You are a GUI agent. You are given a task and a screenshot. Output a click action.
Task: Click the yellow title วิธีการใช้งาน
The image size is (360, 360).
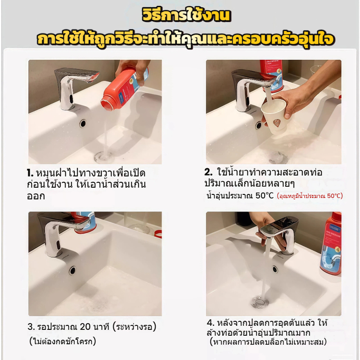point(186,16)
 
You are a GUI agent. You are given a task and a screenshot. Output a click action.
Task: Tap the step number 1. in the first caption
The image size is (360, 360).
point(30,173)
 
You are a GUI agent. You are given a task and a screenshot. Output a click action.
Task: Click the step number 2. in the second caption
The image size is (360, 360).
point(208,172)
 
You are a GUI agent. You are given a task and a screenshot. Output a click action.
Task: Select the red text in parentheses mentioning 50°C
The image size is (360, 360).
point(310,196)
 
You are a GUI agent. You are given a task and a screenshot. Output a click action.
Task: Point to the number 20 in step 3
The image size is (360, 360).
point(85,327)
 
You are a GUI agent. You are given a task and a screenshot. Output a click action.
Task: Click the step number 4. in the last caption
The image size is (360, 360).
point(211,323)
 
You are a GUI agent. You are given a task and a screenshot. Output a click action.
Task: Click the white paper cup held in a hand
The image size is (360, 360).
point(274,117)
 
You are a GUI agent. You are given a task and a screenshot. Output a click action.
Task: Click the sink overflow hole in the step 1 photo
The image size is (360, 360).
point(83,123)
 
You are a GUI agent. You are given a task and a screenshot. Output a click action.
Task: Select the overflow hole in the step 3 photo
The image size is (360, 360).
point(72,270)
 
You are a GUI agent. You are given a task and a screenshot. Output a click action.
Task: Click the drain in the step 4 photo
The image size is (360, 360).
point(260,302)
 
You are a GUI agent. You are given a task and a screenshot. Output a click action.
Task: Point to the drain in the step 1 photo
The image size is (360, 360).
point(104,157)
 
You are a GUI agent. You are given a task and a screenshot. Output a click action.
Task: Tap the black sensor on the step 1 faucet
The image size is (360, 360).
point(71,99)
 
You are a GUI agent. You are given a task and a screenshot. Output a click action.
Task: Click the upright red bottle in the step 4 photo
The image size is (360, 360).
point(331,243)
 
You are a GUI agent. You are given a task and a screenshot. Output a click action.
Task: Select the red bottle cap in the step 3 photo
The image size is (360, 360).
point(158,234)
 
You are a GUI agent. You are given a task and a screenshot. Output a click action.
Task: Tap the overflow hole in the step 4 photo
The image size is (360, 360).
point(275,269)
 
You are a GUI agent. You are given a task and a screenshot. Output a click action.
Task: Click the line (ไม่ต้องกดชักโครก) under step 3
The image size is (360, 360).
point(63,342)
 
